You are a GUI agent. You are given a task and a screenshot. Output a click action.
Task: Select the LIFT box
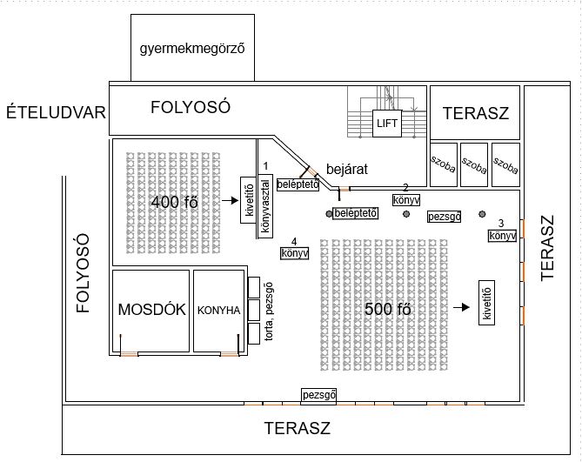coord(386,123)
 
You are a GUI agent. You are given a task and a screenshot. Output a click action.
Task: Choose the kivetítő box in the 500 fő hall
coord(487,303)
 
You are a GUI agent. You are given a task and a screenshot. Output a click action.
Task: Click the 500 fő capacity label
coord(387,308)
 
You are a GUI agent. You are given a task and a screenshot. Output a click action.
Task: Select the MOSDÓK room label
coord(151,311)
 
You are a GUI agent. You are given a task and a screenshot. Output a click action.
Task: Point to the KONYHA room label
coord(217,311)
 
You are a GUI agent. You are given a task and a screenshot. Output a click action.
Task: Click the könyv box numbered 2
coord(406,200)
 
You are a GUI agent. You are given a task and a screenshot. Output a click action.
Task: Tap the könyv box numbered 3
coord(502,235)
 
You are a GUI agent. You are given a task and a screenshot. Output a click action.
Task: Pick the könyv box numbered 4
coord(294,253)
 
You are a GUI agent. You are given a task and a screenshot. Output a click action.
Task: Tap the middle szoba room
coord(473,164)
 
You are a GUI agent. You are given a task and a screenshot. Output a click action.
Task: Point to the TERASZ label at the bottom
coord(298,428)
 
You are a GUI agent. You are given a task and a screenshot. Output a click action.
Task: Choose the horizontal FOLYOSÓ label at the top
coord(190,107)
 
